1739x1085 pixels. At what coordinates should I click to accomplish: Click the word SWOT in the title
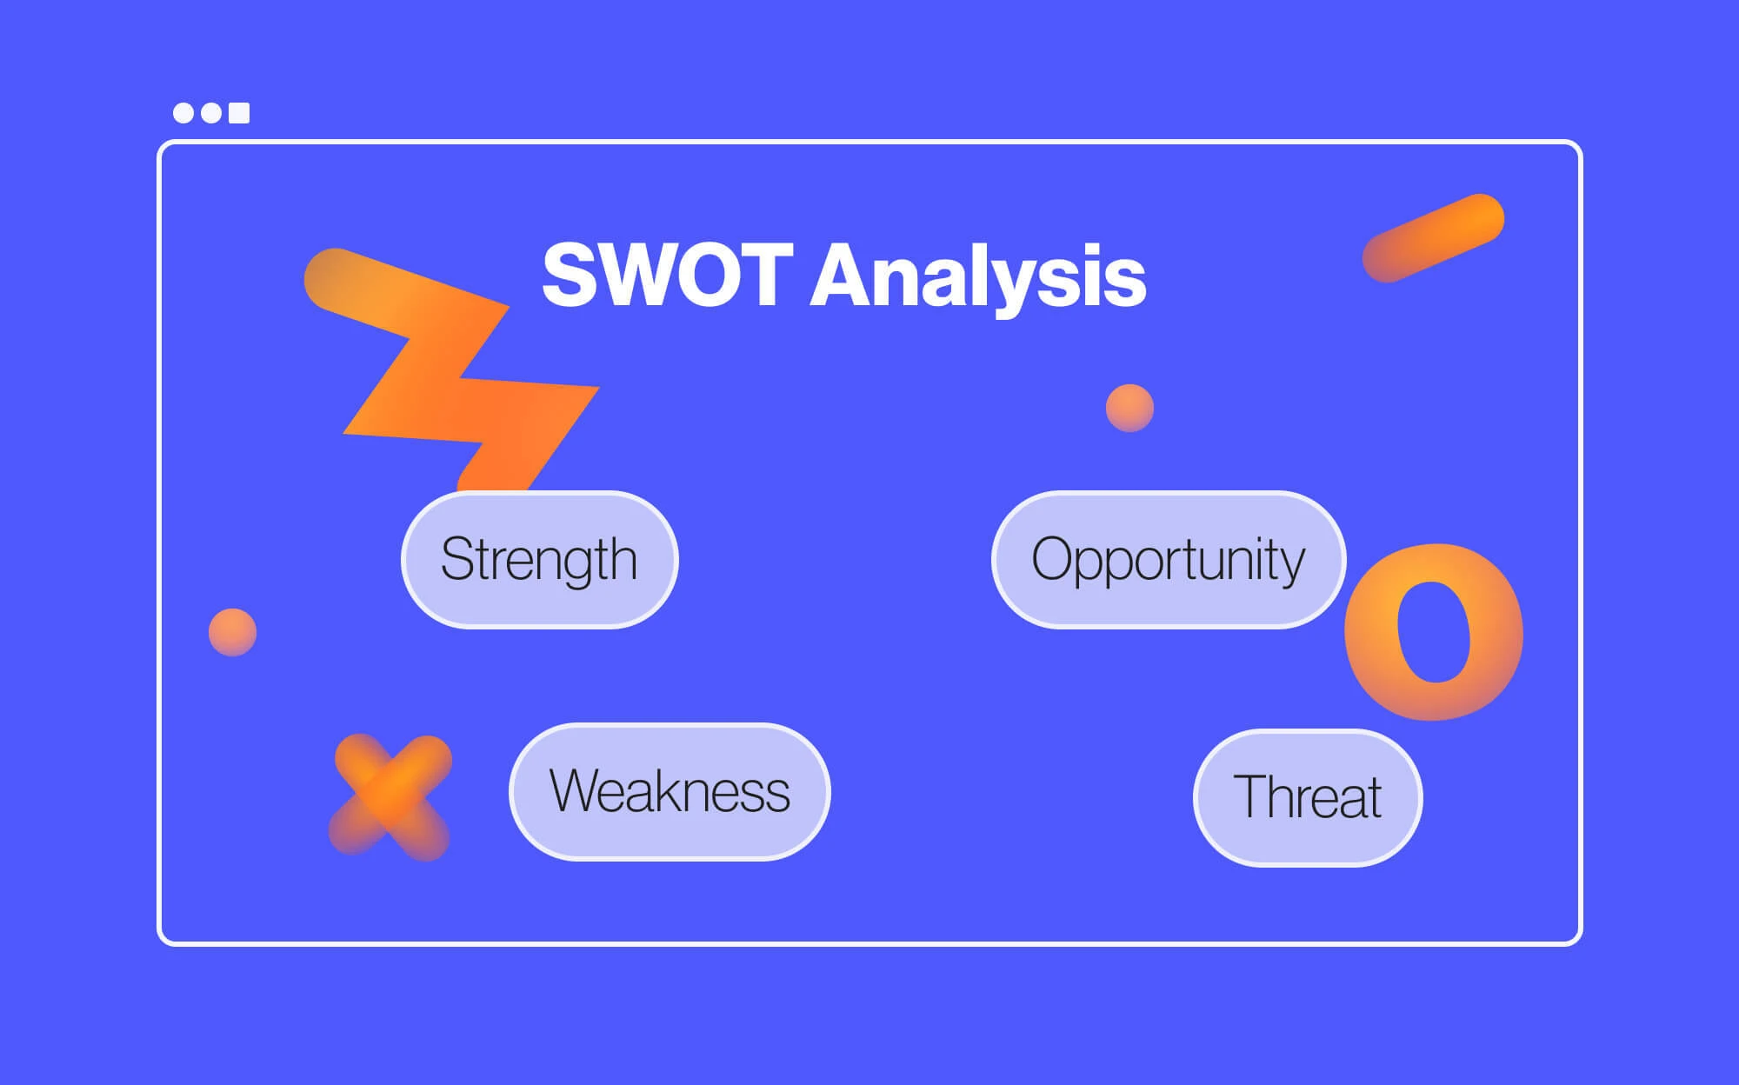(x=667, y=274)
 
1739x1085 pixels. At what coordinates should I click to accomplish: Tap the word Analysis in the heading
(x=978, y=276)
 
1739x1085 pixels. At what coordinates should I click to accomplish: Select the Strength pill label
(x=539, y=559)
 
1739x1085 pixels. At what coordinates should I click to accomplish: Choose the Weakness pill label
(x=670, y=791)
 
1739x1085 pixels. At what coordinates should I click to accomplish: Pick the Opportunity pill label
(x=1169, y=559)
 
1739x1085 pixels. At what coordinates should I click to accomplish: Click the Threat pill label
(x=1308, y=797)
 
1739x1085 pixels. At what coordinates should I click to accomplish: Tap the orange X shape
(x=390, y=797)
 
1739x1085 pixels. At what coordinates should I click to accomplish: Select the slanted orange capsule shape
(x=1433, y=237)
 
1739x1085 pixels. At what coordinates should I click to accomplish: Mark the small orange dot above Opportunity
(x=1129, y=408)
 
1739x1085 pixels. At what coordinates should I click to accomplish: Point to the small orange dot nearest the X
(x=232, y=632)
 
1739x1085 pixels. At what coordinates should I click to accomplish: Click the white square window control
(x=239, y=113)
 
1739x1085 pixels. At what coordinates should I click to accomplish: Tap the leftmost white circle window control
(x=183, y=113)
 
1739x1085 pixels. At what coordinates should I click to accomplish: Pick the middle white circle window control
(x=211, y=113)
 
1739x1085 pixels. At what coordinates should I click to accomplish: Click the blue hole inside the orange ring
(x=1434, y=632)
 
